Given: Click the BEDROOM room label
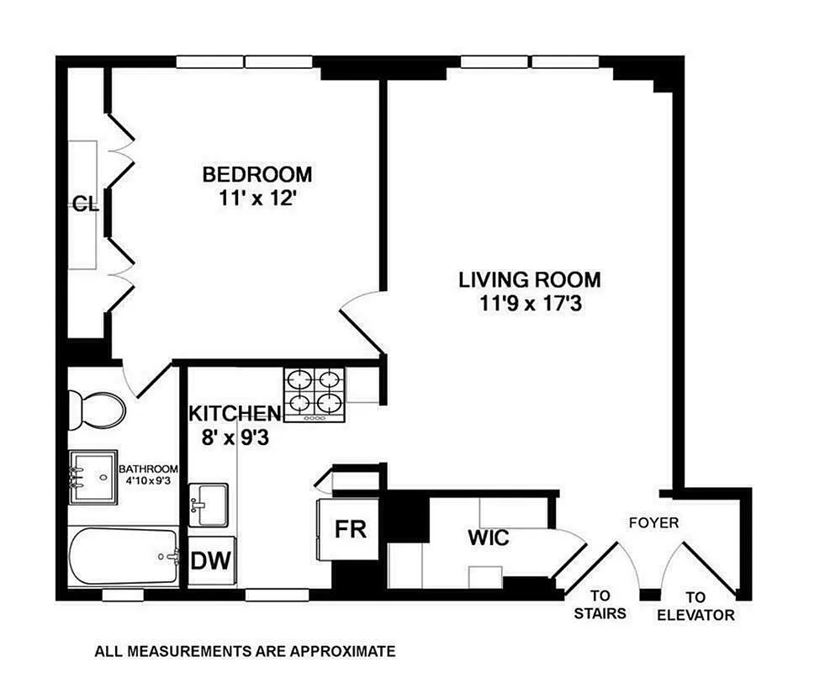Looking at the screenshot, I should (x=256, y=175).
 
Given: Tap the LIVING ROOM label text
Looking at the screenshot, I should (x=529, y=280).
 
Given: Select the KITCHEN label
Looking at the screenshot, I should (x=234, y=414).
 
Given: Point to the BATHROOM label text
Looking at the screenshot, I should (x=148, y=469).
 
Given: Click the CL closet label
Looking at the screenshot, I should (x=85, y=203).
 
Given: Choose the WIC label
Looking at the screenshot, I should (x=489, y=538).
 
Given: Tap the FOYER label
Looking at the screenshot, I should (x=653, y=522).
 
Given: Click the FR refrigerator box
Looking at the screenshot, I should (x=349, y=530).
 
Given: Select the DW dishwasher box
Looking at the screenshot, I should (x=212, y=559).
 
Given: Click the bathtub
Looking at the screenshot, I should (x=124, y=556).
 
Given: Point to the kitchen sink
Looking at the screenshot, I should (x=207, y=504).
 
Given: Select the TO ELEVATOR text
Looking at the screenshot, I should (x=695, y=606).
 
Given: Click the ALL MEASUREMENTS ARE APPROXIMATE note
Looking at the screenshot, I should (x=244, y=650).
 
